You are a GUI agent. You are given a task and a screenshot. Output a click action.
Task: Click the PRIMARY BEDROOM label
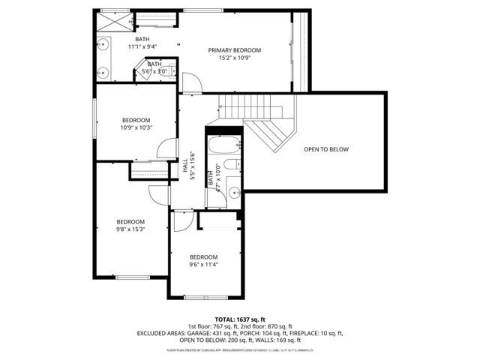[x=239, y=49]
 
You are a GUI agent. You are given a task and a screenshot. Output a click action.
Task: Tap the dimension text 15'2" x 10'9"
[x=239, y=58]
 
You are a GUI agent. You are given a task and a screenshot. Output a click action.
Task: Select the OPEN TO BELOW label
[x=326, y=149]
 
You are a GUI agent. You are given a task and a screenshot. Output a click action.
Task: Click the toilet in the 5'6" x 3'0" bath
[x=171, y=71]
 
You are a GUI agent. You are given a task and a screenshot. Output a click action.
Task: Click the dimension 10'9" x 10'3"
[x=136, y=127]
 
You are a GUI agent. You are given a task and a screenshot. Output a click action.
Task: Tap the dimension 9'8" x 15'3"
[x=130, y=229]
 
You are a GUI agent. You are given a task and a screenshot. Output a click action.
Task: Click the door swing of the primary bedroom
[x=190, y=83]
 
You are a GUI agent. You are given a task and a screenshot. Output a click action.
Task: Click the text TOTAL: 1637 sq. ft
[x=240, y=319]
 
